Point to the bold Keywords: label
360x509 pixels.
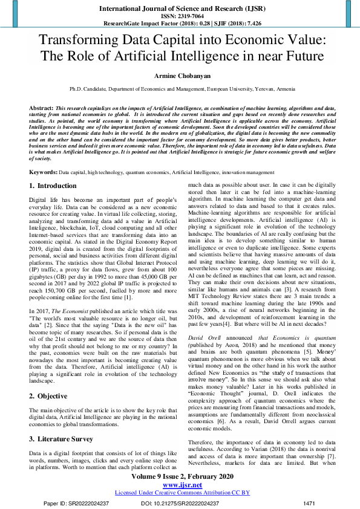pyautogui.click(x=43, y=172)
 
